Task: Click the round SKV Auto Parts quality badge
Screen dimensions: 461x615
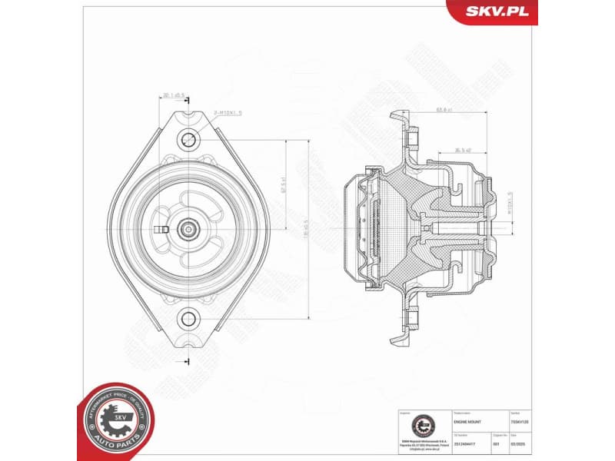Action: coord(117,420)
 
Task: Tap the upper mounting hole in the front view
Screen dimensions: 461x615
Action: coord(188,140)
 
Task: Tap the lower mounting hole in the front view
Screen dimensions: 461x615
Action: coord(188,317)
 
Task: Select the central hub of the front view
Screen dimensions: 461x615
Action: coord(188,228)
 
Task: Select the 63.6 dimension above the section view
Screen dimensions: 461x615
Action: coord(444,110)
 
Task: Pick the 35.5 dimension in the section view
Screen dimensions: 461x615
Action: coord(462,151)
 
